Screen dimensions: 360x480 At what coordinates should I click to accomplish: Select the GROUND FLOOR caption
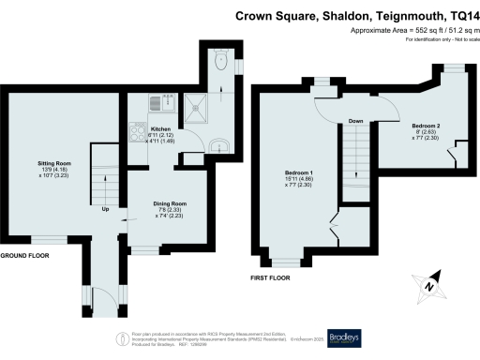25,256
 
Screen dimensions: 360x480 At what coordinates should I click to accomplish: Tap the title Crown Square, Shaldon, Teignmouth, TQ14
352,15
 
